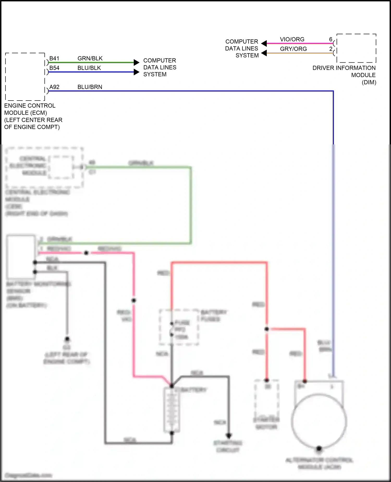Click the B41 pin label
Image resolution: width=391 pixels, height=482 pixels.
(54, 58)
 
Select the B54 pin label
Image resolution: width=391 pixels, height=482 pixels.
(54, 68)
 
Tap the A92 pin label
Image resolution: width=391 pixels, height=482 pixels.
(54, 87)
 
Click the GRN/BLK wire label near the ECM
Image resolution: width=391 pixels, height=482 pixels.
(90, 58)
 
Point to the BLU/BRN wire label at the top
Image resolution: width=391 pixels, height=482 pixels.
(90, 87)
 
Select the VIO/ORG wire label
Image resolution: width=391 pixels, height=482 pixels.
(292, 39)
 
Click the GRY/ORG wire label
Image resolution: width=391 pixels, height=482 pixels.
(293, 49)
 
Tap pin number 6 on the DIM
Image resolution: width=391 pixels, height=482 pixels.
(331, 39)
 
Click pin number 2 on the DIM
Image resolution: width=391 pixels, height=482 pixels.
(331, 49)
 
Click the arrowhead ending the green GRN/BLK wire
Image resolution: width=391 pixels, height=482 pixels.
(136, 62)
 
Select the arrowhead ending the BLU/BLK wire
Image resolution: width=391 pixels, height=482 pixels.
(136, 72)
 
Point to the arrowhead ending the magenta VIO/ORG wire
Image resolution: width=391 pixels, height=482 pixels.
(264, 43)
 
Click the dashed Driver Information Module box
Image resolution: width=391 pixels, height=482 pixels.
(356, 48)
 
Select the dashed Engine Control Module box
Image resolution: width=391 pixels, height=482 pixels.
(25, 77)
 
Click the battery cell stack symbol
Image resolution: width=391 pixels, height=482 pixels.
(172, 410)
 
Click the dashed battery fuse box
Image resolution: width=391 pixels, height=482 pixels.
(179, 327)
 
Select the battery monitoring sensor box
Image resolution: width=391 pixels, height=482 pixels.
(21, 257)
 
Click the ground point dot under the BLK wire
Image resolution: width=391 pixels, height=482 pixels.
(67, 339)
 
